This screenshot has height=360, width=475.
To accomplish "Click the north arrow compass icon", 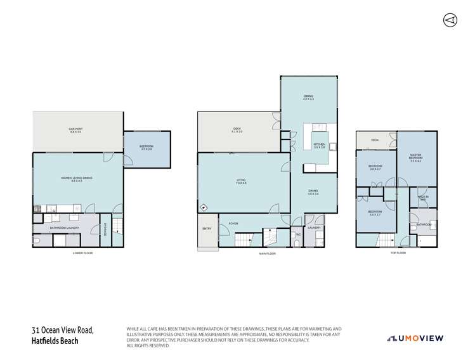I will pos(450,20).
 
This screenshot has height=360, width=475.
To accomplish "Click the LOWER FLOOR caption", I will pos(83,254).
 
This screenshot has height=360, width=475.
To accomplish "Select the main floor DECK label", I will pos(237,130).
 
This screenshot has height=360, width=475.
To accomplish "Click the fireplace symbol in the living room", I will pos(203,207).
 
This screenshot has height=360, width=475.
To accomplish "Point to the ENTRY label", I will pos(207,229).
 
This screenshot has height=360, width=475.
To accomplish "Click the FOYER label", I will pos(233,222).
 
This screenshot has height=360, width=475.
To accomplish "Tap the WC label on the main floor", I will pos(297,235).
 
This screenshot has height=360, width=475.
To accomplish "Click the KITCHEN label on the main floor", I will pos(319,145).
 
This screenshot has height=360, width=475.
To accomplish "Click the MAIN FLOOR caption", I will pos(267,254).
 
